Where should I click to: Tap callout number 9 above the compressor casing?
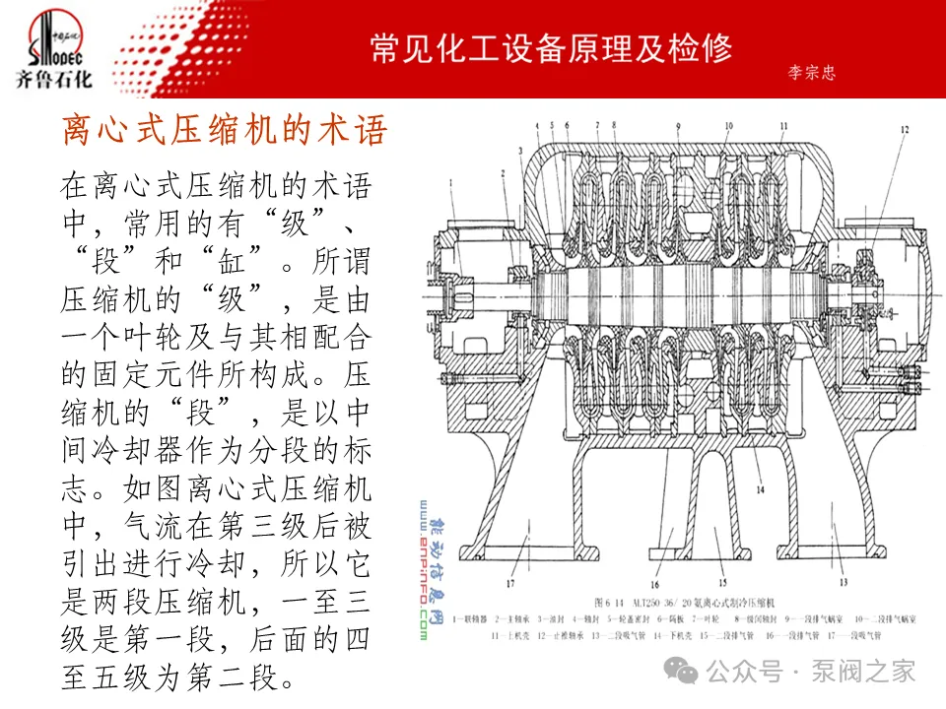[679, 126]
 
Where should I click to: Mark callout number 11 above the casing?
[782, 126]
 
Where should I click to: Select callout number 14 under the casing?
[760, 488]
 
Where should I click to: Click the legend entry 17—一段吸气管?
[853, 635]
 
